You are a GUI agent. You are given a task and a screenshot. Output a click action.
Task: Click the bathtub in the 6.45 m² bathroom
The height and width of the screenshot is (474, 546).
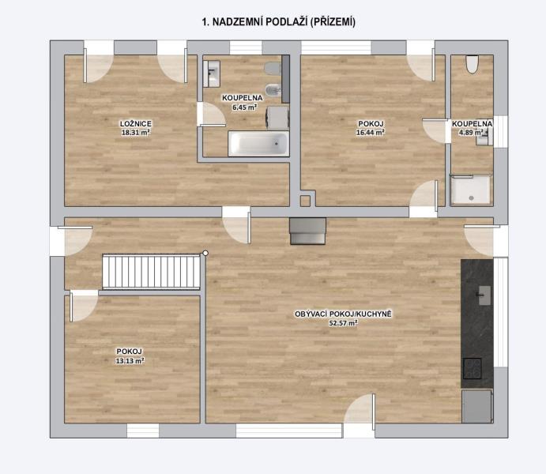pos(258,143)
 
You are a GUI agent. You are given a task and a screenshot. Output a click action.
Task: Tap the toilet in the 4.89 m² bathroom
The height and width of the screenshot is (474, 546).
pos(472,64)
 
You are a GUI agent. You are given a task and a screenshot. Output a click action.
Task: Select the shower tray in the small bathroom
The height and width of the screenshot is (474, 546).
pos(471,190)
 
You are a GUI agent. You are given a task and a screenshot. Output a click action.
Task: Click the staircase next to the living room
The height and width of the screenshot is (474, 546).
pos(151,272)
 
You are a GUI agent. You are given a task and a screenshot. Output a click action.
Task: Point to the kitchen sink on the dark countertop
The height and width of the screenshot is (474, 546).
pos(484,295)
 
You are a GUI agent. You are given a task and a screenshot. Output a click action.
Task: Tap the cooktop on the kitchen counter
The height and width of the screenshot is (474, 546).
pos(473,369)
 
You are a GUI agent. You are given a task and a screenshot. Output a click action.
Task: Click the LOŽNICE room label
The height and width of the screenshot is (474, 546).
pos(136,123)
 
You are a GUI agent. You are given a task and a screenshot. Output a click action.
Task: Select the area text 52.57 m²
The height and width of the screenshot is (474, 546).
pos(344,323)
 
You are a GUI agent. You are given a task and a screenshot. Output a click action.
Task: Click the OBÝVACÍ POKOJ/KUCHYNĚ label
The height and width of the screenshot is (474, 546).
pos(344,314)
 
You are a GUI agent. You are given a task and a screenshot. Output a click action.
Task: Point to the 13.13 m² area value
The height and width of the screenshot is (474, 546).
pos(130,361)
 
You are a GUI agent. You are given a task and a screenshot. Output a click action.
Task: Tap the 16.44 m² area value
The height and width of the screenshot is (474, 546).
pos(371,132)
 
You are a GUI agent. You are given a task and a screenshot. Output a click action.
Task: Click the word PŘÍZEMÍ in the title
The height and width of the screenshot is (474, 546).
pos(333,22)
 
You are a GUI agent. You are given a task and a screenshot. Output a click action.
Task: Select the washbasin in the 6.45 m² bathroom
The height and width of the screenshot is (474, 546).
pos(211,73)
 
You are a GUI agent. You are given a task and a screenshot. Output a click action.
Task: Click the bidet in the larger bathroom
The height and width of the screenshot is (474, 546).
pos(273,91)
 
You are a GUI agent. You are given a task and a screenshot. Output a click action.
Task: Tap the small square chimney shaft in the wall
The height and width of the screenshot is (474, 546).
pos(305,201)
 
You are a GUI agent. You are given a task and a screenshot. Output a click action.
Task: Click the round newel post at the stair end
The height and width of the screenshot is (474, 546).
pos(205,253)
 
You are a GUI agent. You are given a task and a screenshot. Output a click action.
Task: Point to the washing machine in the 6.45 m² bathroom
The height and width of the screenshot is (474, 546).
pos(277,118)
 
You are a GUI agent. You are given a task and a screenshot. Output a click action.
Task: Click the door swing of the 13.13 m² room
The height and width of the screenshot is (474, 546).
pos(84,306)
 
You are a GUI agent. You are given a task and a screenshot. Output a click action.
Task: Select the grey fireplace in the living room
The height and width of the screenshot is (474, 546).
pos(308,231)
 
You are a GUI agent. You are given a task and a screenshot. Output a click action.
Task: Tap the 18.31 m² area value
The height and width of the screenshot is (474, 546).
pos(136,132)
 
